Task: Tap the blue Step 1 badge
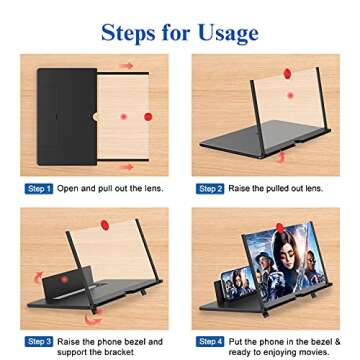[x=37, y=188]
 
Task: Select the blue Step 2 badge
[x=209, y=188]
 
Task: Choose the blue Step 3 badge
[x=37, y=341]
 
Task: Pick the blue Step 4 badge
[x=210, y=341]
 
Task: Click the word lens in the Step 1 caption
[x=147, y=188]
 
